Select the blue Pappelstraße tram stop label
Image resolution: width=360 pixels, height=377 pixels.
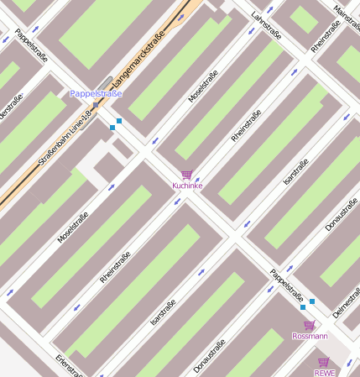[x=96, y=94]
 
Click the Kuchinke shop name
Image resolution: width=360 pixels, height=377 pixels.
[x=187, y=185]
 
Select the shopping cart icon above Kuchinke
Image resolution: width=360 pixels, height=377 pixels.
[x=186, y=174]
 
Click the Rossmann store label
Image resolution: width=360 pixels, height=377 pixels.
[x=310, y=336]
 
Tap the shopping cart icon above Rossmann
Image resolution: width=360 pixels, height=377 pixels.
[x=309, y=325]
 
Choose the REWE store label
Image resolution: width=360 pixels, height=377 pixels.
[x=324, y=372]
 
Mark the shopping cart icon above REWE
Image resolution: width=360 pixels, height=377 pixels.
[x=324, y=362]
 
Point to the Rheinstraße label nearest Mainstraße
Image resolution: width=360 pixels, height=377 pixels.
[x=326, y=37]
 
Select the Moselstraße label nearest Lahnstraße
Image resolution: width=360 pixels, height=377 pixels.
[x=203, y=86]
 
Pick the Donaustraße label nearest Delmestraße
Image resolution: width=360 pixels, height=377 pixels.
[x=342, y=214]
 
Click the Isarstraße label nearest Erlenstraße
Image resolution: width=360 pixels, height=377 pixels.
[x=163, y=313]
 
